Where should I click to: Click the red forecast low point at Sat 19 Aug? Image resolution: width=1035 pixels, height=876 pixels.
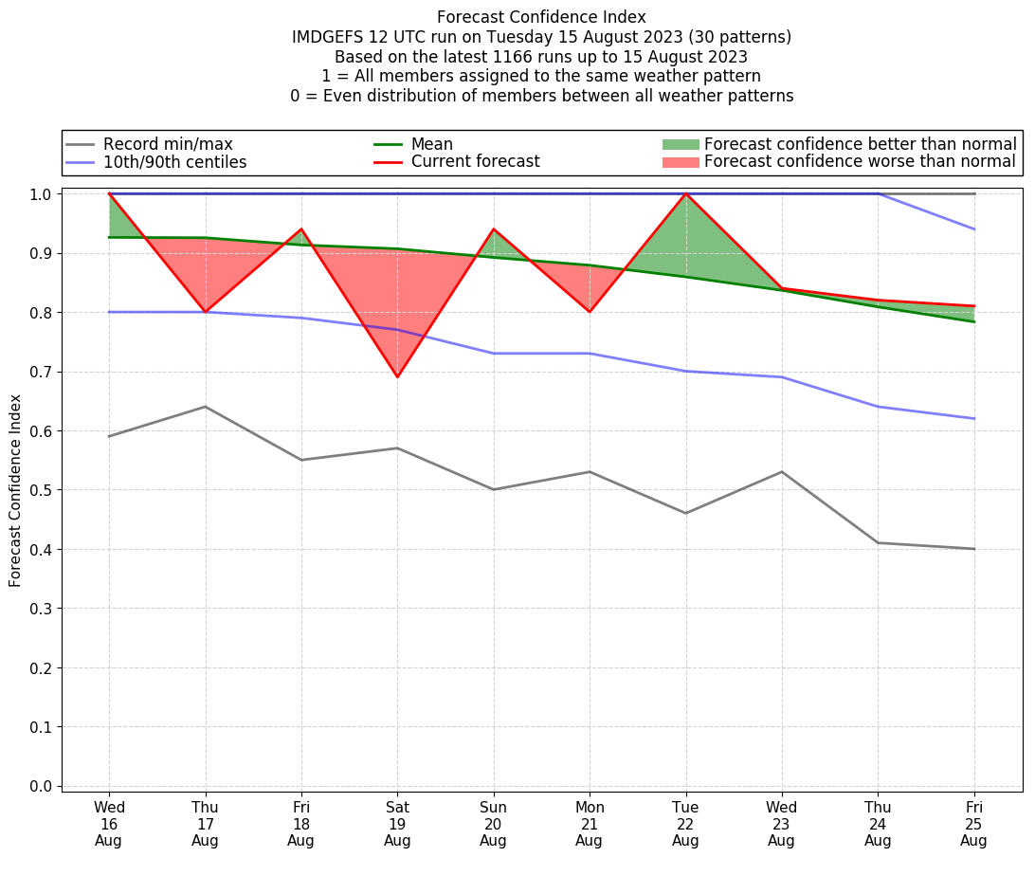click(x=397, y=377)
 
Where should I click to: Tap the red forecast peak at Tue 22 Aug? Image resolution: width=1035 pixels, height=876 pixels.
click(x=685, y=193)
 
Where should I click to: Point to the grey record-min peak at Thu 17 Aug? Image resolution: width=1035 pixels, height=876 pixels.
click(x=205, y=407)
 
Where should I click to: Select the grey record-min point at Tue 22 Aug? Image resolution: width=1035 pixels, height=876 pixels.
click(x=685, y=513)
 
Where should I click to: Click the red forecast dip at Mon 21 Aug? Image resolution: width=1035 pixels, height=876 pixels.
click(x=590, y=311)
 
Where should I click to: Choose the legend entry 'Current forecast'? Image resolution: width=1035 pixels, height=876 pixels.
click(x=475, y=162)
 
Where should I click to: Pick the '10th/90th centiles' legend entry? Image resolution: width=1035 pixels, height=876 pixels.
click(x=174, y=162)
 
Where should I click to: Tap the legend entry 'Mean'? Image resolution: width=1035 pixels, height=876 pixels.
click(x=431, y=144)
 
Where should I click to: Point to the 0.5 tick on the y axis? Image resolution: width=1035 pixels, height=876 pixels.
click(x=42, y=490)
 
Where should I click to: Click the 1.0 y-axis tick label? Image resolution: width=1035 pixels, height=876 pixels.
click(x=42, y=193)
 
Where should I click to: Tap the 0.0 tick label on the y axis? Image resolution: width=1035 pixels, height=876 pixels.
click(x=42, y=786)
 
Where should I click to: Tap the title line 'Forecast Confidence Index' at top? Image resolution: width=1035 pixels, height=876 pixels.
click(x=541, y=17)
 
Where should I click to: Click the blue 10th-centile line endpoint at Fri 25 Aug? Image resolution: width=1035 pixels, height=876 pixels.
click(x=973, y=418)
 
